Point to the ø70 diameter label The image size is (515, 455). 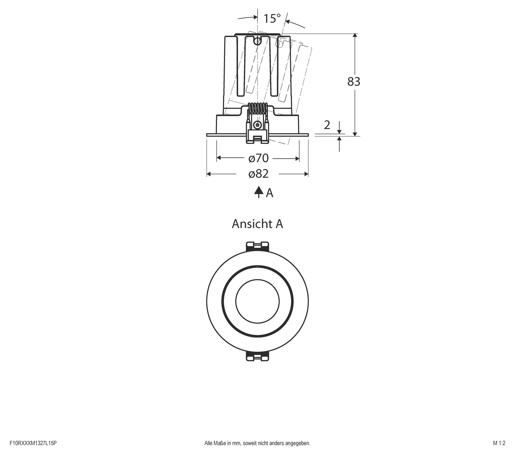click(x=258, y=158)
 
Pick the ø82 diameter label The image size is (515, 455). click(x=258, y=174)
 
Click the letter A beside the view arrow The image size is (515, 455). click(x=269, y=193)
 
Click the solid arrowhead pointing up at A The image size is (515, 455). click(x=259, y=191)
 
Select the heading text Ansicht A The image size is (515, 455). click(x=257, y=224)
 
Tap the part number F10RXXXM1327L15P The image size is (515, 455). click(x=33, y=443)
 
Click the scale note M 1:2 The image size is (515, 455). click(x=499, y=443)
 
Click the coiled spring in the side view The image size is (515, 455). click(x=257, y=108)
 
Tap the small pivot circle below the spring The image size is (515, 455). click(x=257, y=124)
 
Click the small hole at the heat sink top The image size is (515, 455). click(x=257, y=41)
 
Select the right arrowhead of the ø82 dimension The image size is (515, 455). click(x=306, y=174)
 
